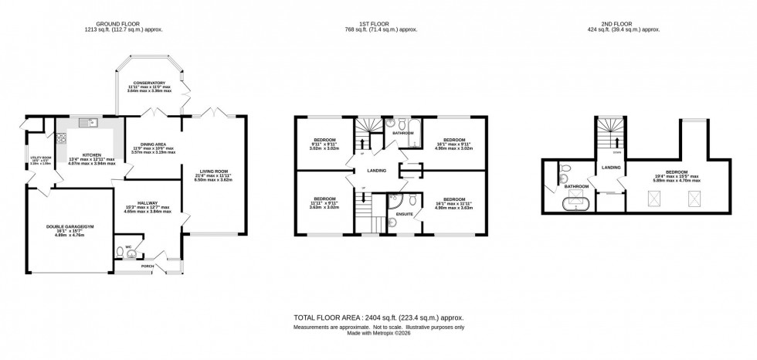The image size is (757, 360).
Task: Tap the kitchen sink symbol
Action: [91, 122]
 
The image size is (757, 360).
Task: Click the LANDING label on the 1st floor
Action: [376, 170]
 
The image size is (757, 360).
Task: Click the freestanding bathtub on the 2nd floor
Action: [575, 206]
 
